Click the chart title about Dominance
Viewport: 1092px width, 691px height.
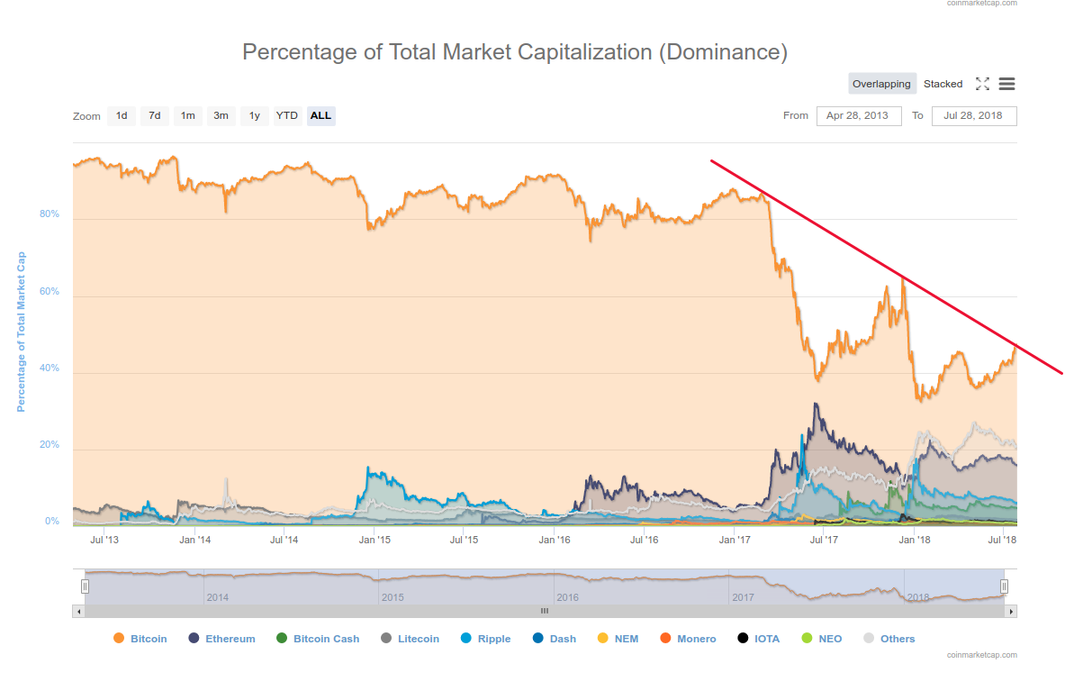point(515,52)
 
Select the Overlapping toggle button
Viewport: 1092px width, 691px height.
point(881,84)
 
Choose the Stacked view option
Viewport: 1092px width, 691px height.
point(943,84)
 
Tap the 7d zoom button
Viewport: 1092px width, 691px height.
point(155,115)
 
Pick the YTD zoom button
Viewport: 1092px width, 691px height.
point(287,115)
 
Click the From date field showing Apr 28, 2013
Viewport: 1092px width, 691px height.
point(858,115)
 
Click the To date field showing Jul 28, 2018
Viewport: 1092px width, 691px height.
point(972,115)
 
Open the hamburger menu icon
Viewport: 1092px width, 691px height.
point(1006,84)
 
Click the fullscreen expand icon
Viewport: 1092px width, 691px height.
point(982,84)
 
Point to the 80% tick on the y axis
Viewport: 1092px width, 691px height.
point(49,214)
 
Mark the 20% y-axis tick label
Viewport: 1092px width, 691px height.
point(49,445)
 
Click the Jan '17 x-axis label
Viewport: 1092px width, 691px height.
point(735,540)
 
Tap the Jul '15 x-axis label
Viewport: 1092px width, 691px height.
point(464,540)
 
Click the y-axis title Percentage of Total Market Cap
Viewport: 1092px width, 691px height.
point(22,332)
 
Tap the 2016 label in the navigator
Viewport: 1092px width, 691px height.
point(567,597)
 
